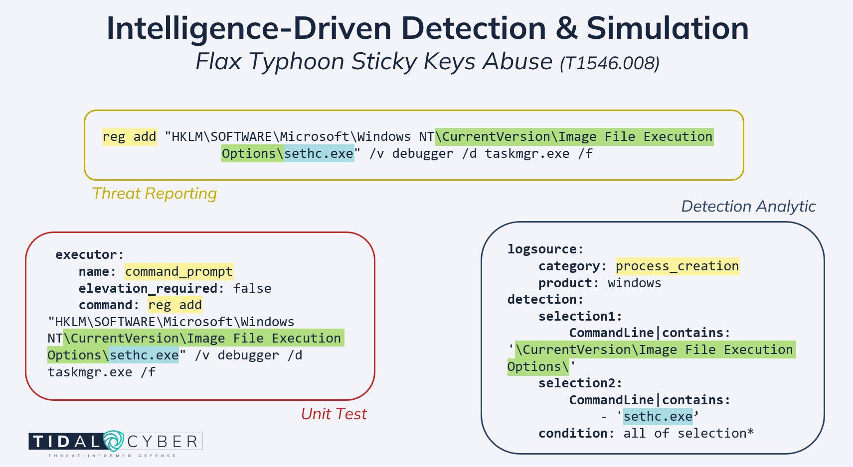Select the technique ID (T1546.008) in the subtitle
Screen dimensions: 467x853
click(x=610, y=63)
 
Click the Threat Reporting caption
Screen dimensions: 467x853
click(x=155, y=194)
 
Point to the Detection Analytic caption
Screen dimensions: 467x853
click(x=748, y=207)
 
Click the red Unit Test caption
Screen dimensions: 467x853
click(x=334, y=414)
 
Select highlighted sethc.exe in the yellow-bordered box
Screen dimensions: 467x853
click(x=319, y=154)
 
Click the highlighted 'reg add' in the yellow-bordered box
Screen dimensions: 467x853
click(x=129, y=137)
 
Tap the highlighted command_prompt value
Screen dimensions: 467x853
click(x=178, y=272)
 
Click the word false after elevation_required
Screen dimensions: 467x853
click(x=252, y=289)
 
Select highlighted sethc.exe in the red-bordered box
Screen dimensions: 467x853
click(x=144, y=355)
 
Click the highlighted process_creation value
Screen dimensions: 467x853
click(x=677, y=266)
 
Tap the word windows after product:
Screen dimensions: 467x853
click(x=634, y=283)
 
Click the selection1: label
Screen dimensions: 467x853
click(x=580, y=317)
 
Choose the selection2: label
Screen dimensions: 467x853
click(x=580, y=383)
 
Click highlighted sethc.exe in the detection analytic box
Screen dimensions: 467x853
click(x=658, y=417)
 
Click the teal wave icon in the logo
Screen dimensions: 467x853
click(x=113, y=441)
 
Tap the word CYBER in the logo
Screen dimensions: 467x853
click(x=163, y=442)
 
